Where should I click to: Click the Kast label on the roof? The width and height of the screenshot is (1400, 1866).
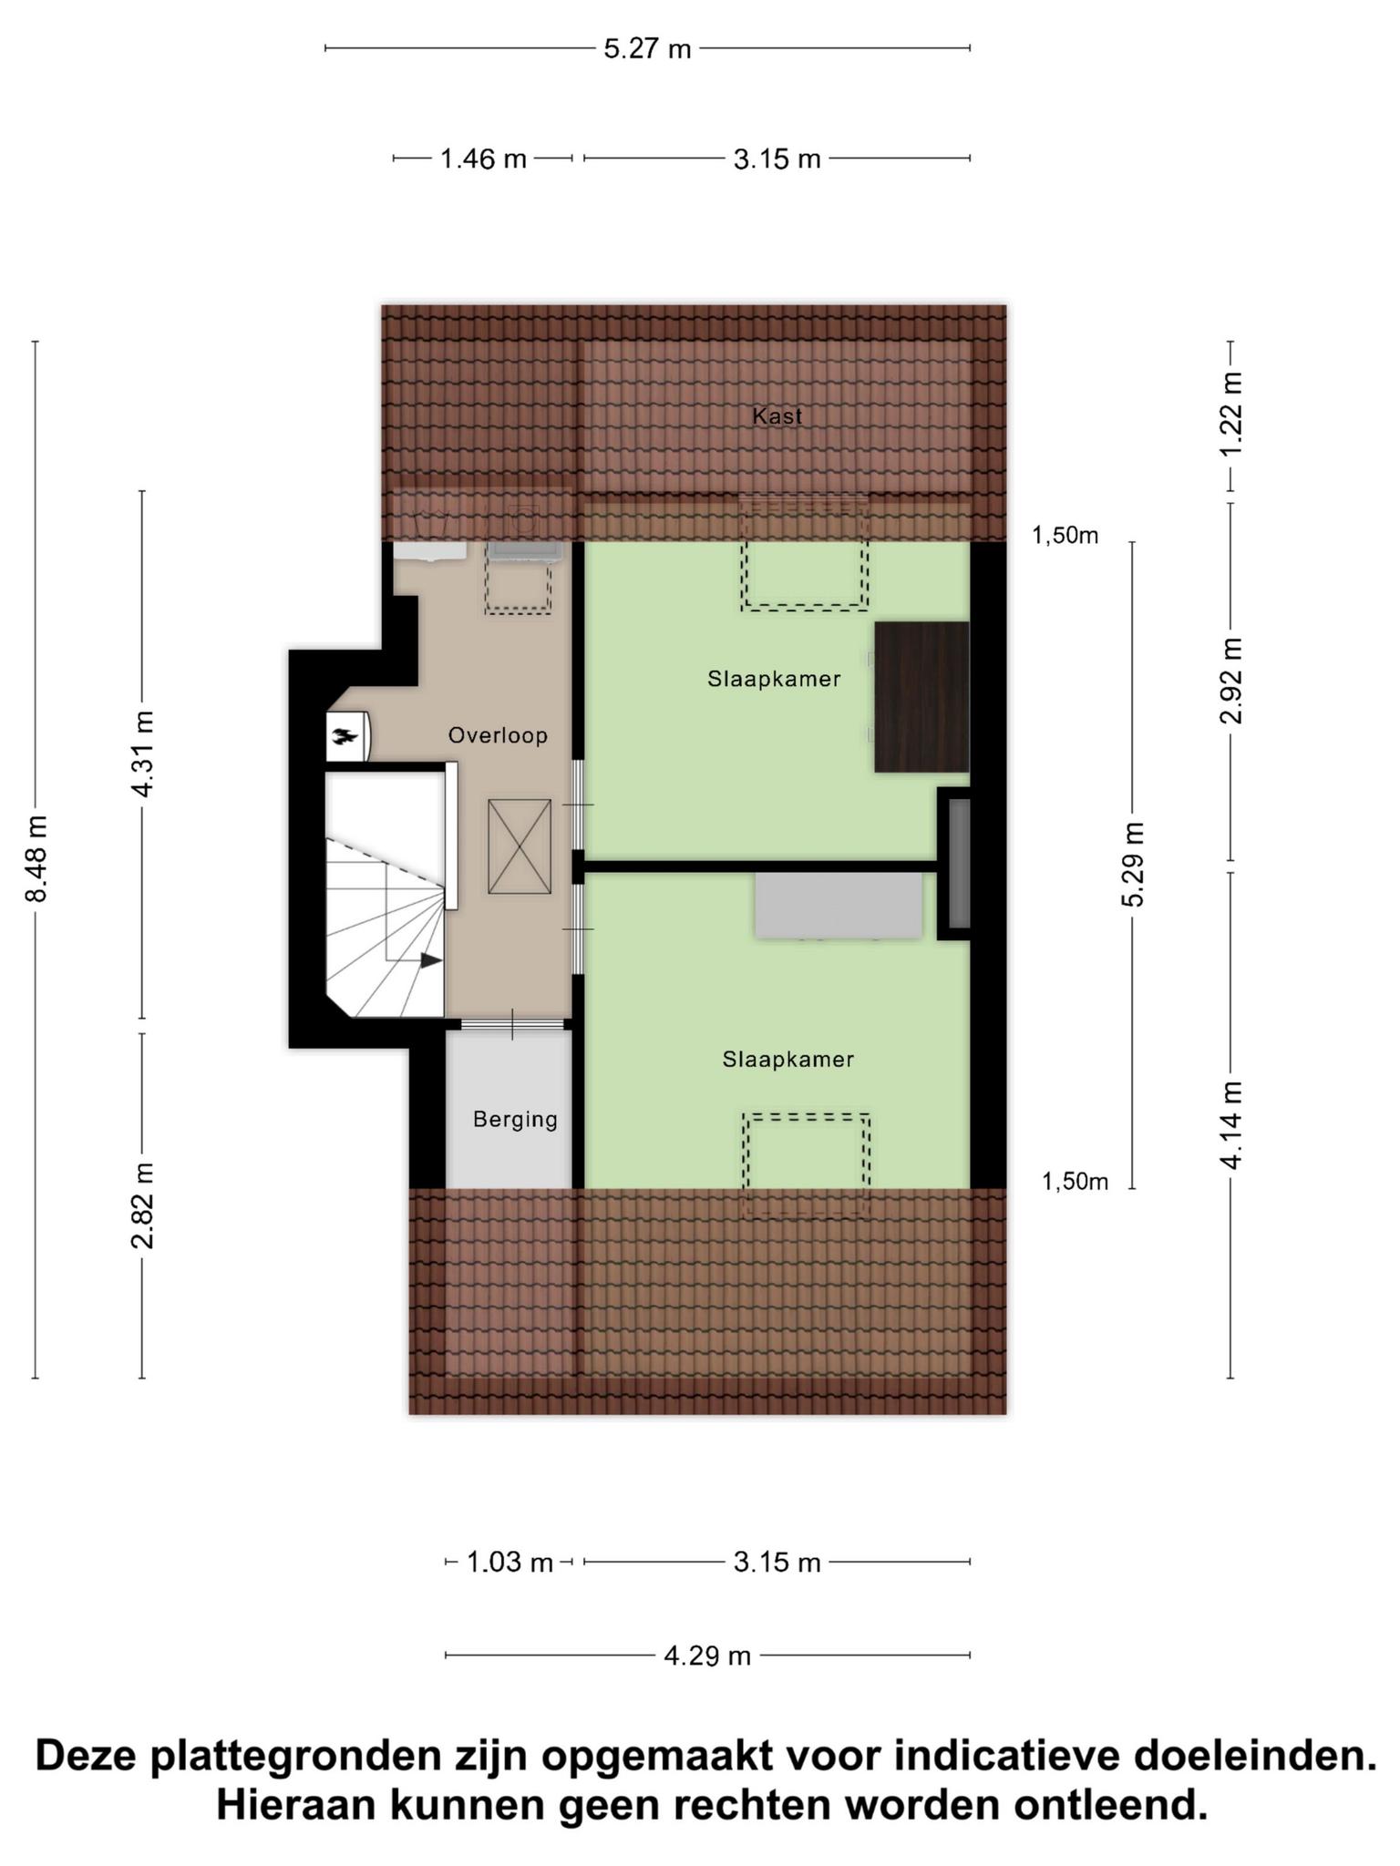coord(777,416)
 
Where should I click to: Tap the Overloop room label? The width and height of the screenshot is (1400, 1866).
coord(498,735)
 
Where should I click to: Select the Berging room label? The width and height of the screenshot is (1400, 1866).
coord(515,1120)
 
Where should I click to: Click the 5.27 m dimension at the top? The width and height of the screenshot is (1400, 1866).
coord(647,48)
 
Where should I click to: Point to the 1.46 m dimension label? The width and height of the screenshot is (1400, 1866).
coord(483,159)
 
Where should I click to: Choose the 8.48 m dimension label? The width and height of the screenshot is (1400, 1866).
coord(36,858)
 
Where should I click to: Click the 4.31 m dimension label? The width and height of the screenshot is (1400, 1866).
coord(143,754)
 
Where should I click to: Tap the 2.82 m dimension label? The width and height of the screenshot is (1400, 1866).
coord(143,1205)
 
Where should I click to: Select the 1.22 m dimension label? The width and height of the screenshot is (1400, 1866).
coord(1231,415)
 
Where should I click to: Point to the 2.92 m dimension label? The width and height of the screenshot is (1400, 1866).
coord(1231,681)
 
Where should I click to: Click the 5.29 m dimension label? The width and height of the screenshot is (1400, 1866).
coord(1133,864)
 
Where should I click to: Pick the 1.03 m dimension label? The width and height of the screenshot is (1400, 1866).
coord(510,1564)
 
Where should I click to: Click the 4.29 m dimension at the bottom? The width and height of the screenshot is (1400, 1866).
coord(707,1656)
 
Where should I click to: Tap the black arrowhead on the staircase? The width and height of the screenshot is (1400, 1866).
coord(431,960)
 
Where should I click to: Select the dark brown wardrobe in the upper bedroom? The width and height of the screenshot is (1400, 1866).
coord(921,697)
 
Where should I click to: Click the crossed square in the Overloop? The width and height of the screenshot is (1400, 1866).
coord(520,846)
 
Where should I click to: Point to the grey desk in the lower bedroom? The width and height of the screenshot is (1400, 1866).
coord(839,906)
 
